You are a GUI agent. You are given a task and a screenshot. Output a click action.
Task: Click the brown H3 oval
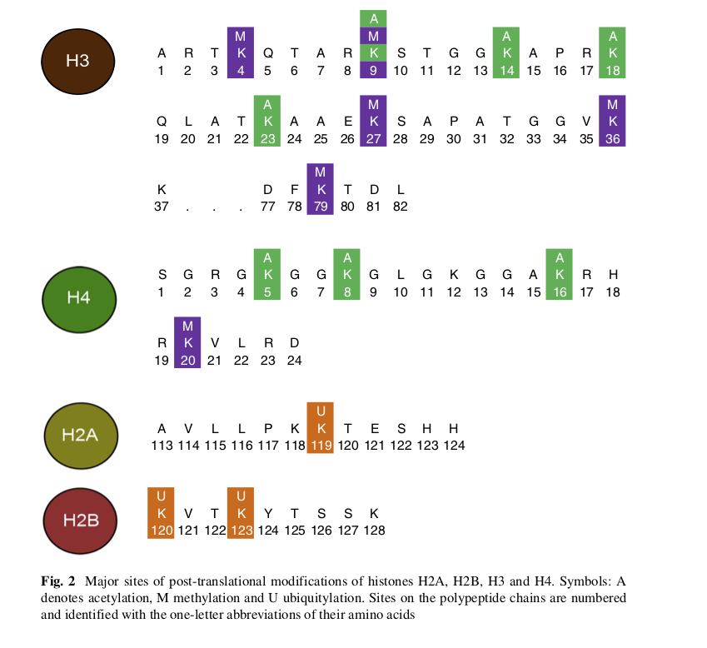[x=77, y=61]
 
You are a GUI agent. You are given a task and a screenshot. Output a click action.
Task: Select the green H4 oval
[x=77, y=297]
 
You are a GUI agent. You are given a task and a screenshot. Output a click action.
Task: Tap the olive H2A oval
[x=81, y=433]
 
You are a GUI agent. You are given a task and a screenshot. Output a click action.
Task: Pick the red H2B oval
[x=81, y=521]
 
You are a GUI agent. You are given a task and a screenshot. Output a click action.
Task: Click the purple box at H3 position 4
[x=241, y=52]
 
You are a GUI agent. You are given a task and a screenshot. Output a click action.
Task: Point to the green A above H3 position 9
[x=374, y=18]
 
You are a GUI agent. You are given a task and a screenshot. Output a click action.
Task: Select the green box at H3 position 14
[x=506, y=52]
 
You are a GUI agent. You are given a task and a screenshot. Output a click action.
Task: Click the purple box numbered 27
[x=374, y=121]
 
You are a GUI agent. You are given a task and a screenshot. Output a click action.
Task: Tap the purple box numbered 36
[x=613, y=121]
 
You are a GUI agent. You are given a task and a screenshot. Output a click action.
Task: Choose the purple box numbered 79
[x=321, y=189]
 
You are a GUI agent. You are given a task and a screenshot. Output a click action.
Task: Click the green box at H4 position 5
[x=267, y=274]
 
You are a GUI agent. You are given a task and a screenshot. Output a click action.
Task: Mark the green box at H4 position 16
[x=560, y=274]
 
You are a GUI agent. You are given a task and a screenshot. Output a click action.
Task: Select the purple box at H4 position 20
[x=187, y=342]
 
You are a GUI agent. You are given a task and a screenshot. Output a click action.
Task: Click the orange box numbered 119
[x=321, y=427]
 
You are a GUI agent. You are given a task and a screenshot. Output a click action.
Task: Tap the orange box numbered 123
[x=241, y=512]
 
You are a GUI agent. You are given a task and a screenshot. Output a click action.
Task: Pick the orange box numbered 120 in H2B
[x=161, y=512]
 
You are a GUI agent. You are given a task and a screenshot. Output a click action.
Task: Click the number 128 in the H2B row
[x=374, y=530]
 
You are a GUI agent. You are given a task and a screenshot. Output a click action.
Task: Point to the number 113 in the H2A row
[x=162, y=446]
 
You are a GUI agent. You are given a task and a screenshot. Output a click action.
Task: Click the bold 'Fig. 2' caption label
[x=58, y=581]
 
